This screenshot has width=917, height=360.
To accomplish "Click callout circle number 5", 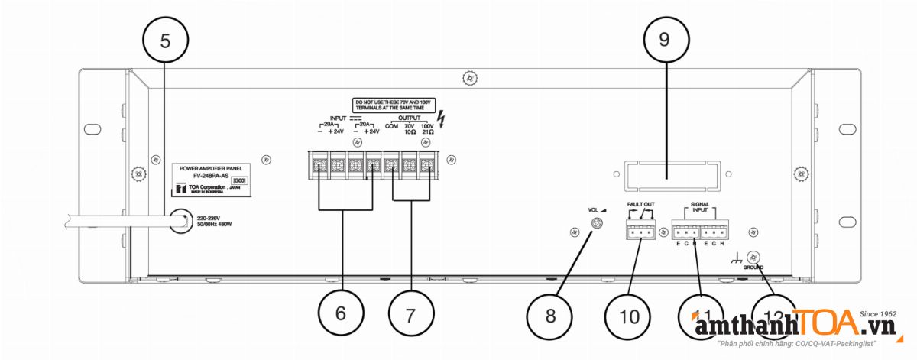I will click(x=166, y=43).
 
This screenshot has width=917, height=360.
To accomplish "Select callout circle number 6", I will click(x=341, y=312).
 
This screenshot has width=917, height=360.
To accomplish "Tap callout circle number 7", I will click(x=410, y=312).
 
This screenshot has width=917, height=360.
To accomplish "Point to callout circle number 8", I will click(x=550, y=315).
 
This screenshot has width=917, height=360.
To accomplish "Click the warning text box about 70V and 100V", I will click(x=393, y=105).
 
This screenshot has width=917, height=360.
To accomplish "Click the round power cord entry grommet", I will click(x=180, y=223).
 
